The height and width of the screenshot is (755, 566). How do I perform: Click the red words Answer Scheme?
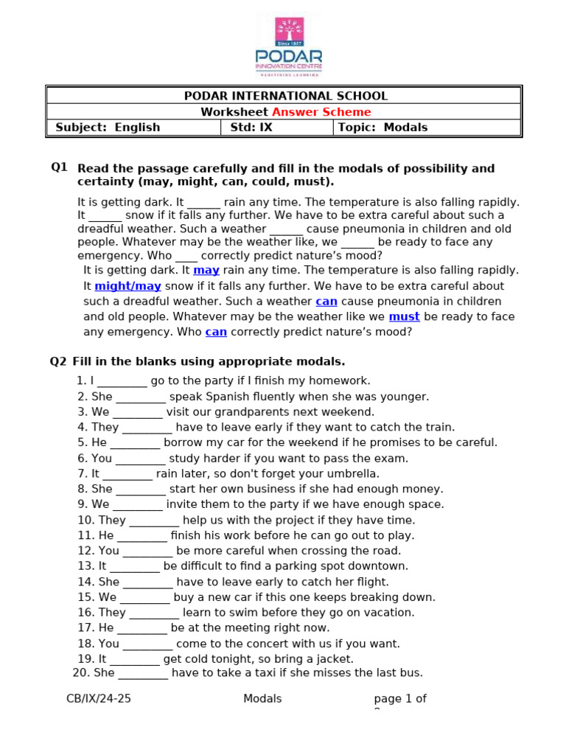coord(321,112)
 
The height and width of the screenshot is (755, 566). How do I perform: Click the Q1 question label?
coord(59,167)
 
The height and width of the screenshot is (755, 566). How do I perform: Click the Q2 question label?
coord(58,361)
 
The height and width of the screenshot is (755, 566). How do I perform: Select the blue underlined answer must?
coord(404,316)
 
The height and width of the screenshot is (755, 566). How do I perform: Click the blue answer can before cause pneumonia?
coord(326,301)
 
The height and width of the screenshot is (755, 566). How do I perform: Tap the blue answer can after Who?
coord(216,332)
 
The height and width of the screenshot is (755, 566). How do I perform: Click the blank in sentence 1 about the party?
coord(122,381)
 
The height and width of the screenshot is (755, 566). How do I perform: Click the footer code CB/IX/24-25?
coord(99,699)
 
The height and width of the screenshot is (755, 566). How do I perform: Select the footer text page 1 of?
coord(400,699)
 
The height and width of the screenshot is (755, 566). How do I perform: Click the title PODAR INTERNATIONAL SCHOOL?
coord(285,96)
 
